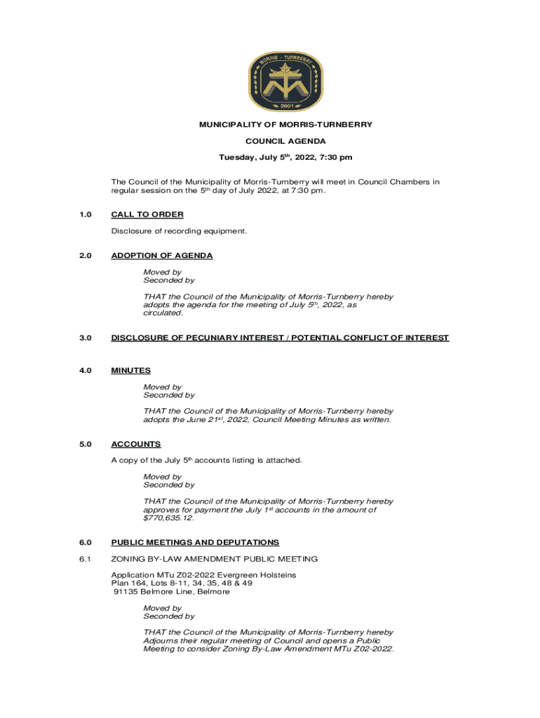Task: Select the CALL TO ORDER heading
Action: [x=147, y=215]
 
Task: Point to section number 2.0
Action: [x=86, y=256]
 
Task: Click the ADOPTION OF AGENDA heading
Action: [x=162, y=256]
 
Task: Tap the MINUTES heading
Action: [x=130, y=370]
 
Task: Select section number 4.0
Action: [x=86, y=370]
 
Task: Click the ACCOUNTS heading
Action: [x=136, y=444]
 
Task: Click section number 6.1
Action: [x=86, y=559]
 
